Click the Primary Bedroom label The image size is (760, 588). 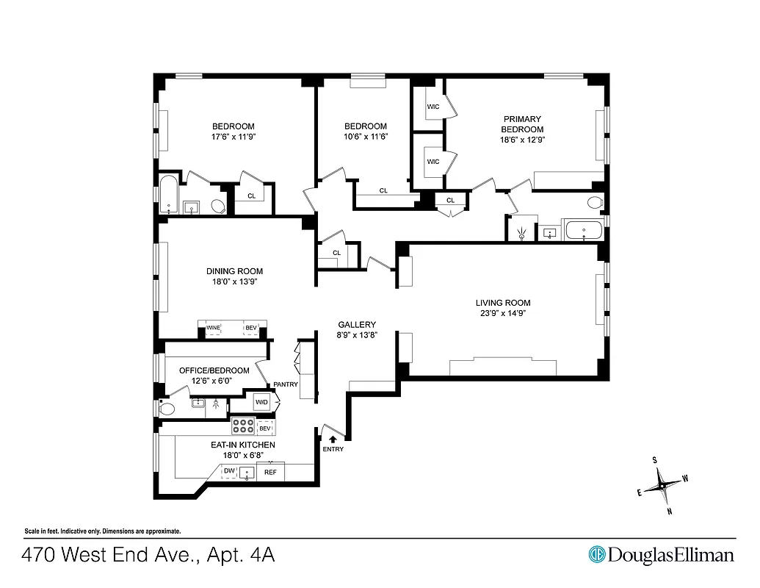[x=522, y=123]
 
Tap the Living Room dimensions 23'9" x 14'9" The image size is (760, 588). [x=502, y=313]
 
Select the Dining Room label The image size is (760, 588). [x=234, y=271]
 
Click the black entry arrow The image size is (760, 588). [x=333, y=439]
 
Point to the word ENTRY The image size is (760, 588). [x=333, y=449]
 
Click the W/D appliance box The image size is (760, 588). [x=262, y=403]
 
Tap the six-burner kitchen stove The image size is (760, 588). [x=243, y=426]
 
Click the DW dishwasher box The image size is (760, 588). [x=229, y=471]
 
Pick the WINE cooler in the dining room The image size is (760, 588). [x=214, y=328]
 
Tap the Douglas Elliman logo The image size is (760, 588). [x=661, y=554]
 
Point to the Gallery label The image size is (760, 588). [x=357, y=325]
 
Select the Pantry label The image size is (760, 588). [x=285, y=384]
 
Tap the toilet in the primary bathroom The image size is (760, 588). [x=595, y=203]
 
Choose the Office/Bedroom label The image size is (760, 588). [x=214, y=370]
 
